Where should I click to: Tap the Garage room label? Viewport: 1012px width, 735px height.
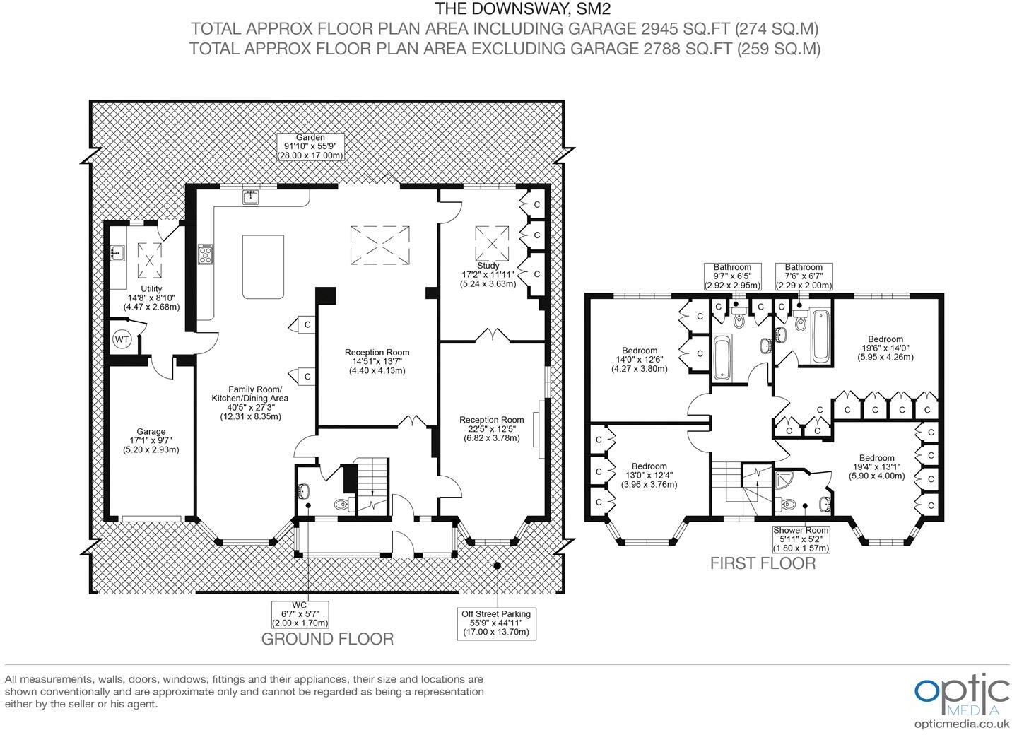(151, 440)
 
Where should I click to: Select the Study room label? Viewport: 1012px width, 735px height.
(488, 275)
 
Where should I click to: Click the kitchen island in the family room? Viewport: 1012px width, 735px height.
(264, 266)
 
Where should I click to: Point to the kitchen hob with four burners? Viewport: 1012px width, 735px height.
(206, 254)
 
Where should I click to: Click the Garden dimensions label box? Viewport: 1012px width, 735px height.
(310, 146)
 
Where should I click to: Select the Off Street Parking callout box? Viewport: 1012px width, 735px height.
(497, 623)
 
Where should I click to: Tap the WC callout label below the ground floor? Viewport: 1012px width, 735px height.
(300, 614)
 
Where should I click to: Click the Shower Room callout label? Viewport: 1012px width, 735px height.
(801, 539)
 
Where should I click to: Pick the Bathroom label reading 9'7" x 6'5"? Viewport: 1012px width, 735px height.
(732, 276)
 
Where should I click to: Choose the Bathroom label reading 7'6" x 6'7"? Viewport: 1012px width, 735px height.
(804, 276)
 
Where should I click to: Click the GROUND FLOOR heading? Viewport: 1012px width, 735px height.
(327, 639)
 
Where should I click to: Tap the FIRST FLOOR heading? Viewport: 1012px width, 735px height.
(763, 563)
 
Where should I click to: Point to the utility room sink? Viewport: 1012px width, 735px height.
(118, 253)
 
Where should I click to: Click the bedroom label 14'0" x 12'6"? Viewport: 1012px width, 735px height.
(640, 359)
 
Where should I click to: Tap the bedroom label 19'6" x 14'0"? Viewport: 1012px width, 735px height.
(885, 348)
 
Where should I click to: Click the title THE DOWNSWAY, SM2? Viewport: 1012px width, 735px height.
(523, 8)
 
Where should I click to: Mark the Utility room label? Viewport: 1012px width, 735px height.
(151, 298)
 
